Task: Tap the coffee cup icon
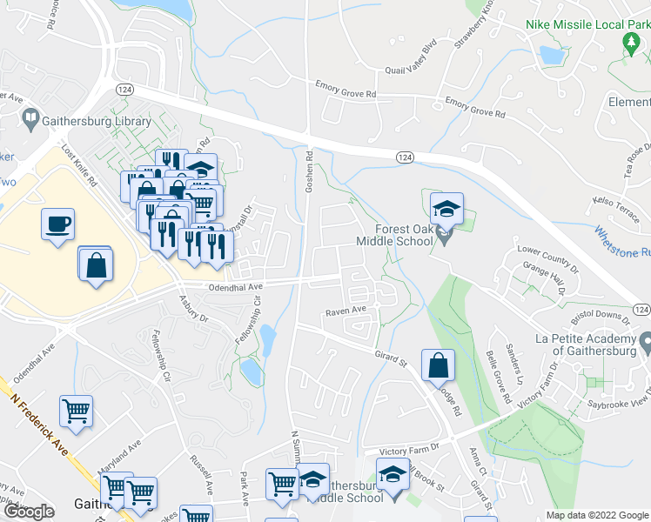coord(57,224)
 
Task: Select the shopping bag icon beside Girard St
coord(438,365)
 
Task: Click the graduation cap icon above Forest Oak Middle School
coord(446,209)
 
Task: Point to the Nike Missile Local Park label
coord(587,25)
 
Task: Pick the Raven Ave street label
coord(346,310)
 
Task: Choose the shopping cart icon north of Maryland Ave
coord(76,411)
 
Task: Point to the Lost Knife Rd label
coord(77,164)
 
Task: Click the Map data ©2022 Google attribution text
coord(596,515)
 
